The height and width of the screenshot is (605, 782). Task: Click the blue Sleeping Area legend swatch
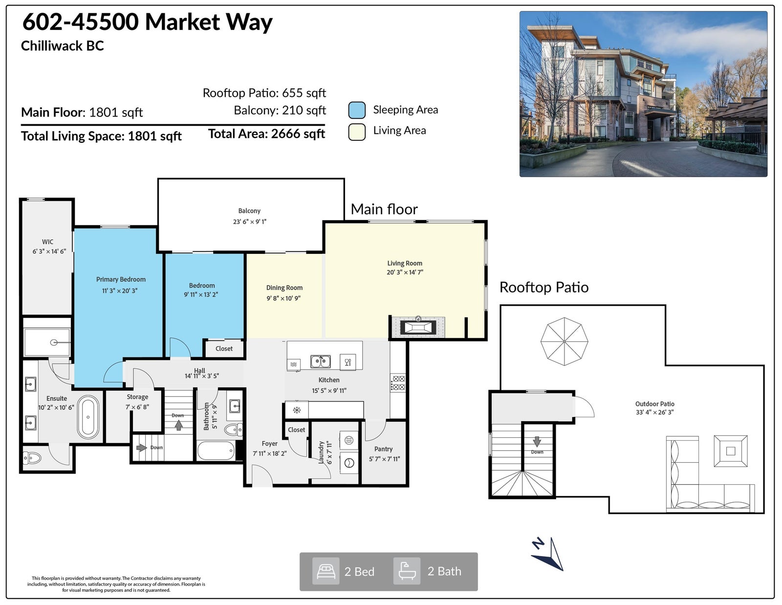click(x=357, y=110)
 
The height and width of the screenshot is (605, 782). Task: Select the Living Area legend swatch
click(x=357, y=132)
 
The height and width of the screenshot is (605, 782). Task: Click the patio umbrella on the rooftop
click(x=564, y=341)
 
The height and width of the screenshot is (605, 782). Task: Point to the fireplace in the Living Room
click(x=418, y=327)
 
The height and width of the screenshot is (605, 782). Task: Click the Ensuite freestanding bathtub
click(x=88, y=417)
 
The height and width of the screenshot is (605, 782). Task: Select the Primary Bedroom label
click(x=121, y=279)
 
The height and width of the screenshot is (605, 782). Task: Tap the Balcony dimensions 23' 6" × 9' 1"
click(x=249, y=222)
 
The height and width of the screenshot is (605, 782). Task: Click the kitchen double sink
click(x=321, y=361)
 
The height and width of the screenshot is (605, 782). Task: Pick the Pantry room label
click(x=383, y=449)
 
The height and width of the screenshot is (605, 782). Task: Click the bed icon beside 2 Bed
click(x=326, y=571)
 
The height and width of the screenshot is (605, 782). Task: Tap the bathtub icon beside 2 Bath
click(x=407, y=571)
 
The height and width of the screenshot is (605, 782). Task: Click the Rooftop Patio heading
click(x=544, y=288)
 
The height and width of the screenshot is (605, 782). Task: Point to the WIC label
click(x=47, y=242)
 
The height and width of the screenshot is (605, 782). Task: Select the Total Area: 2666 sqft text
click(x=266, y=134)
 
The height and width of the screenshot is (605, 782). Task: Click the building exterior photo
click(x=644, y=94)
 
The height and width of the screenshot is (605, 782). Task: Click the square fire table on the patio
click(x=731, y=451)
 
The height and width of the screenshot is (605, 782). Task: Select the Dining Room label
click(x=284, y=288)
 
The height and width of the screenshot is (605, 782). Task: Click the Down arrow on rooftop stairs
click(x=537, y=441)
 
